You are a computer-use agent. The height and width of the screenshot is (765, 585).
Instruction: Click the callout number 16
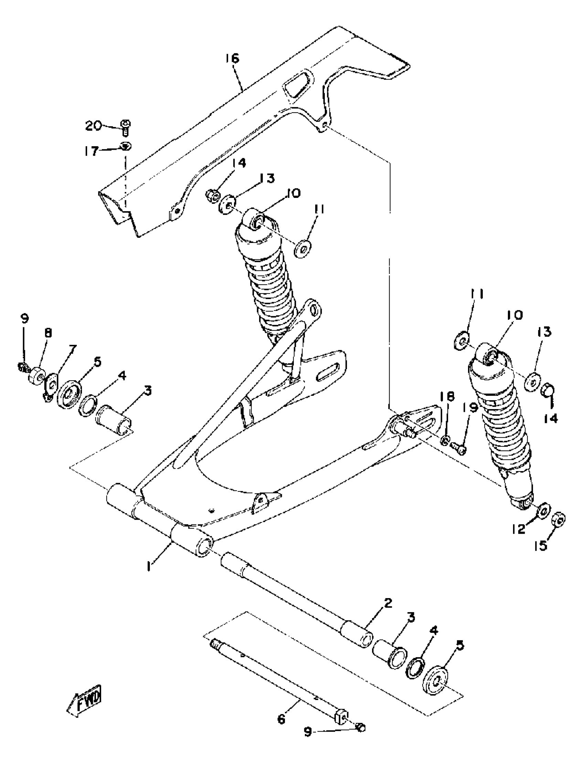(232, 59)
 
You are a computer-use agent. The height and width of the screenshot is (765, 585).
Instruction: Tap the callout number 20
(93, 126)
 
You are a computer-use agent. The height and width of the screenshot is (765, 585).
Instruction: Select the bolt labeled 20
(125, 127)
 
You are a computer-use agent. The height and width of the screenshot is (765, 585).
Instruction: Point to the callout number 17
(91, 152)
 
